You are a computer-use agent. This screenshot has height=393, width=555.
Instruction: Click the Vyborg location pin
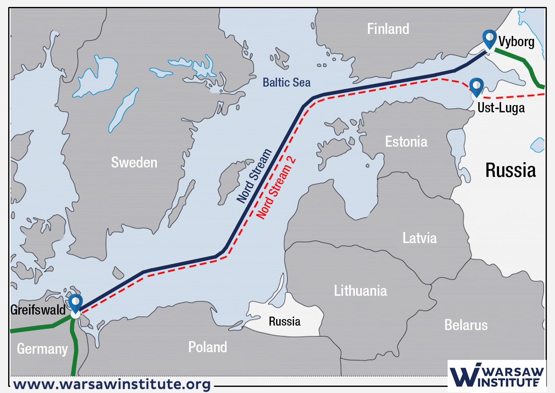pyautogui.click(x=489, y=38)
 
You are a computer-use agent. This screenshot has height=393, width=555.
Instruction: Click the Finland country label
pyautogui.click(x=388, y=29)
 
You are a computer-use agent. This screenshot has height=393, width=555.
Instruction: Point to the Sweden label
pyautogui.click(x=134, y=163)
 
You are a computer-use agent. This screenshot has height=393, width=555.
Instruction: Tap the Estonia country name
pyautogui.click(x=406, y=142)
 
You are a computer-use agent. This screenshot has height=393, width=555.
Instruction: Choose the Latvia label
pyautogui.click(x=419, y=238)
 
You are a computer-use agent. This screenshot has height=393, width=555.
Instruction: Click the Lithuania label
pyautogui.click(x=360, y=291)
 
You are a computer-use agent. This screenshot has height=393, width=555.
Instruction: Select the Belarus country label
pyautogui.click(x=466, y=325)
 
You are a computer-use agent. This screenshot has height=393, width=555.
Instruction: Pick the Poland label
pyautogui.click(x=207, y=347)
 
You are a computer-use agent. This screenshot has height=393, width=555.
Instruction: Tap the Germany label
pyautogui.click(x=42, y=349)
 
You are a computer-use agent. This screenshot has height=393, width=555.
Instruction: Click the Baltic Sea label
pyautogui.click(x=286, y=83)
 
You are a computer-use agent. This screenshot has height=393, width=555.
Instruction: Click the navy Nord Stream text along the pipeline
pyautogui.click(x=254, y=176)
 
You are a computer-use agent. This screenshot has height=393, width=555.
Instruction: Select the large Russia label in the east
pyautogui.click(x=510, y=170)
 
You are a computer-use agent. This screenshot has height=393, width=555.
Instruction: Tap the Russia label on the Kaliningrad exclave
pyautogui.click(x=284, y=322)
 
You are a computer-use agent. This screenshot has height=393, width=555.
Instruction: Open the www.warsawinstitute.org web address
pyautogui.click(x=112, y=384)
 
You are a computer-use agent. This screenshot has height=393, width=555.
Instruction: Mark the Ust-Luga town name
pyautogui.click(x=501, y=108)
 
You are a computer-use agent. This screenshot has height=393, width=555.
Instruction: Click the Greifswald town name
pyautogui.click(x=38, y=310)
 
